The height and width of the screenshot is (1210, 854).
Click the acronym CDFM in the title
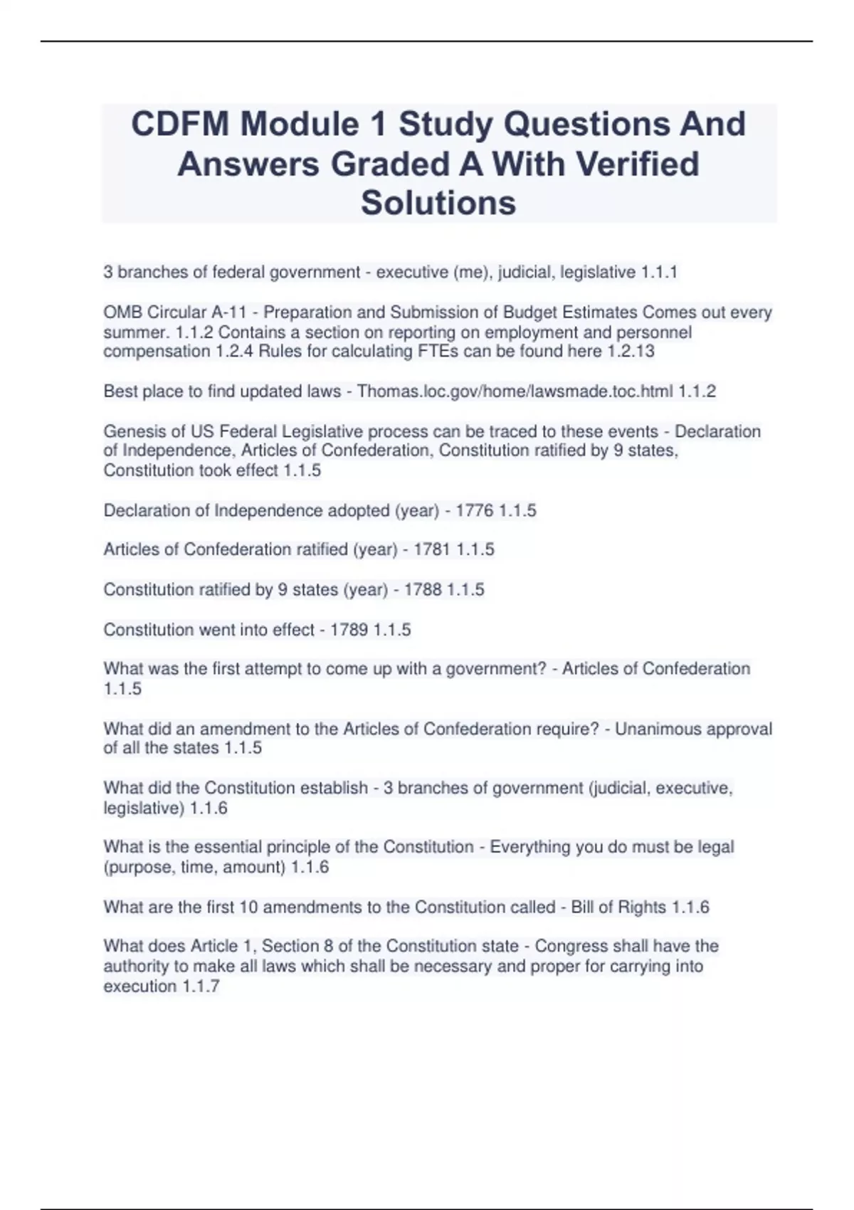pos(180,125)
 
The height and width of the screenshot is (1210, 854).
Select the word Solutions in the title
pos(438,203)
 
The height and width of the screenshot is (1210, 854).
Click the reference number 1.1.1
pos(659,272)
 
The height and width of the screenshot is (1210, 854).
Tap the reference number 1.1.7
pos(201,986)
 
